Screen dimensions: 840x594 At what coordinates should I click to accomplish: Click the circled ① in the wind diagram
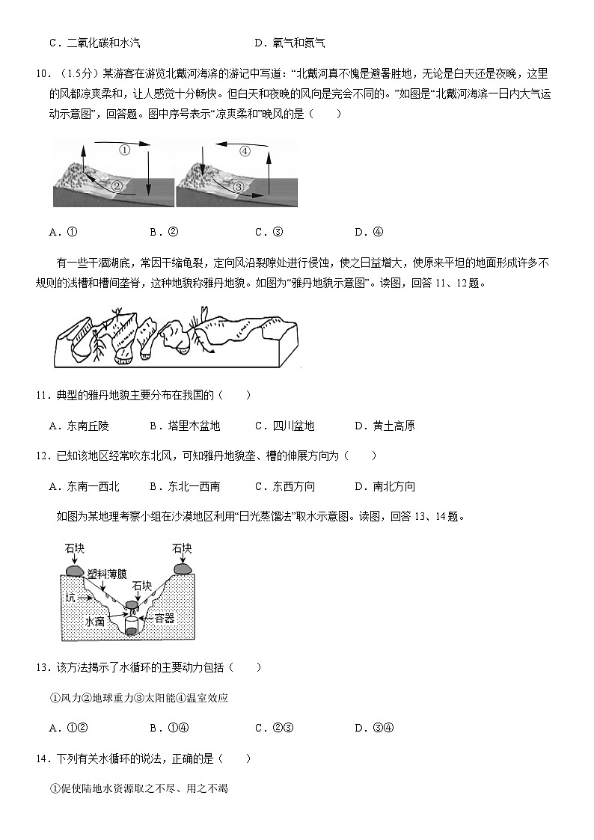click(x=125, y=150)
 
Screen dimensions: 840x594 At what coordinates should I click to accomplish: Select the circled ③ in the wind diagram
click(x=239, y=186)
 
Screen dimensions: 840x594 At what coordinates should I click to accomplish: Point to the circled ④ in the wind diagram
click(x=245, y=151)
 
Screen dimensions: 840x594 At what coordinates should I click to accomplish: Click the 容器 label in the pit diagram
click(x=163, y=619)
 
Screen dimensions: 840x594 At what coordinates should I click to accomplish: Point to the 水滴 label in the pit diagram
click(x=94, y=621)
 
